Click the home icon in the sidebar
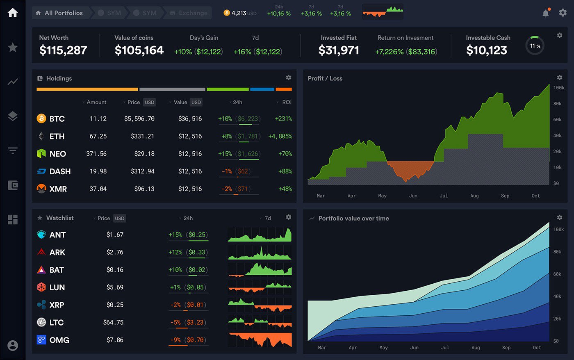pos(13,13)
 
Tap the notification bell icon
pos(546,13)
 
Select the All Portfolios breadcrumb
pos(59,13)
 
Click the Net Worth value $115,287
pos(63,50)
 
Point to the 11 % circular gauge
pos(535,46)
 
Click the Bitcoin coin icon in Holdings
pos(41,118)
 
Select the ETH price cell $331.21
pos(142,136)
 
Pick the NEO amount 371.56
pos(96,154)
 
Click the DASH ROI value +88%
pos(285,171)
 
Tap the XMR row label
pos(58,189)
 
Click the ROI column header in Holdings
pos(287,102)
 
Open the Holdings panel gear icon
pos(289,77)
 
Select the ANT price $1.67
pos(115,235)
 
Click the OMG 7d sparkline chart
pos(260,340)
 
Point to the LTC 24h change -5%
pos(175,322)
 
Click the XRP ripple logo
pos(41,305)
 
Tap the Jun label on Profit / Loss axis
pos(413,196)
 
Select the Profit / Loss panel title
pos(325,78)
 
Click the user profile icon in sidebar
pos(13,345)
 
